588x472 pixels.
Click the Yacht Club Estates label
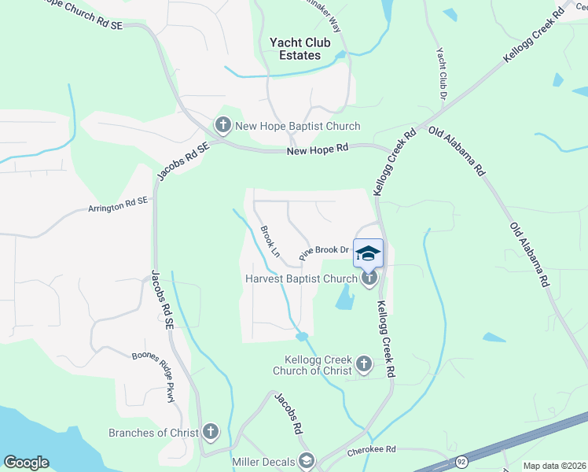[300, 49]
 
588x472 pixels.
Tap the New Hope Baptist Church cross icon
[222, 125]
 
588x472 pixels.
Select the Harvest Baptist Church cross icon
[369, 278]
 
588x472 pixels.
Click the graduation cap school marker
[368, 253]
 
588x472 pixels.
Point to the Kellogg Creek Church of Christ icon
[363, 363]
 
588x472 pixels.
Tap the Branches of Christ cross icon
[210, 431]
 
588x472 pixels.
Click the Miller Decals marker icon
[306, 461]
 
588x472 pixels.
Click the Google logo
[26, 463]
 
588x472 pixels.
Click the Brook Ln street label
[270, 242]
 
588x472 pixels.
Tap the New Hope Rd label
[318, 149]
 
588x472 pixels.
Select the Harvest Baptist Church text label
[301, 278]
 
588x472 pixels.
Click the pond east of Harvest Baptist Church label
[344, 297]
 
